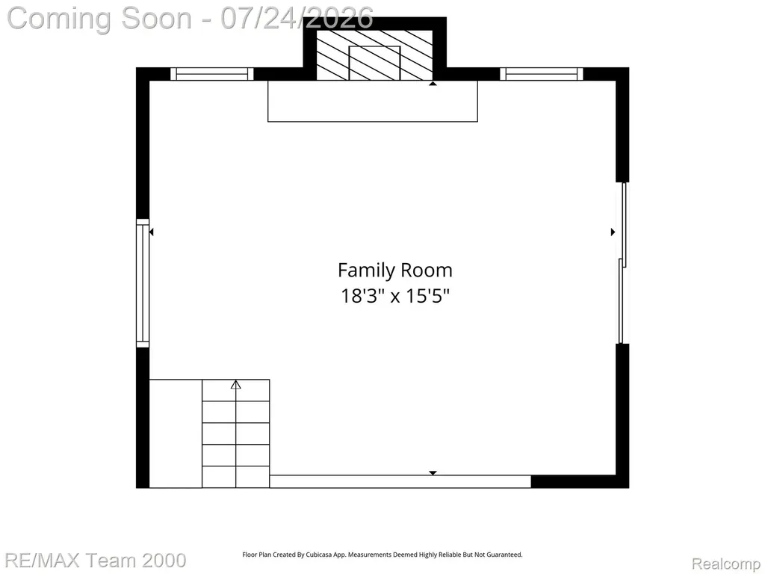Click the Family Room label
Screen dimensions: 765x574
pyautogui.click(x=395, y=271)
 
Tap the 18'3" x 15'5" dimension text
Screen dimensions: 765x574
pyautogui.click(x=394, y=296)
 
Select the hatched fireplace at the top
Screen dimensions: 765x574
pyautogui.click(x=375, y=55)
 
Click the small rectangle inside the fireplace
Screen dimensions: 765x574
pyautogui.click(x=375, y=64)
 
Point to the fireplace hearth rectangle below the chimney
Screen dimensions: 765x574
pyautogui.click(x=373, y=101)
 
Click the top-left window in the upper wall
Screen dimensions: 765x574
pyautogui.click(x=212, y=74)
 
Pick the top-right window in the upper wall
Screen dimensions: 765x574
pyautogui.click(x=542, y=74)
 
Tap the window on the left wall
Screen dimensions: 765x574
pyautogui.click(x=143, y=283)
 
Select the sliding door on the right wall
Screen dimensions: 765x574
pyautogui.click(x=622, y=263)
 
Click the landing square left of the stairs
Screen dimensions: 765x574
pyautogui.click(x=176, y=433)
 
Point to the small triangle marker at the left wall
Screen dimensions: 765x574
pyautogui.click(x=151, y=232)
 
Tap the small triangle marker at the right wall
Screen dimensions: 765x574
pyautogui.click(x=613, y=232)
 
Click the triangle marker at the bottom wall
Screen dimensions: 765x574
pyautogui.click(x=433, y=473)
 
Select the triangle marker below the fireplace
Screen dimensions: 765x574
pyautogui.click(x=433, y=84)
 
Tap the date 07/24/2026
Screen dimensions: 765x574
pyautogui.click(x=297, y=19)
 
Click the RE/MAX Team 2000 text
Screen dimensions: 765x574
pyautogui.click(x=96, y=561)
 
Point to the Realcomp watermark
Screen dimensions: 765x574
pyautogui.click(x=726, y=564)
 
